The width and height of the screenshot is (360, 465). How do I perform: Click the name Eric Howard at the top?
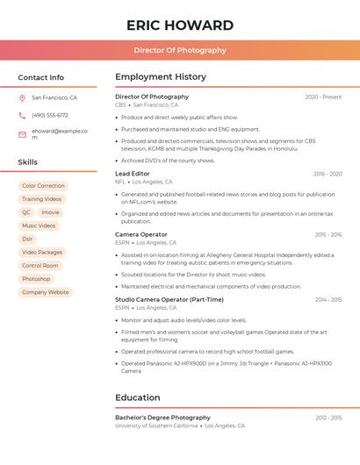(180, 25)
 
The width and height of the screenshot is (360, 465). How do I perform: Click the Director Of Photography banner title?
(180, 50)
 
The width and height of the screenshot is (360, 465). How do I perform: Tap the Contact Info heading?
(40, 77)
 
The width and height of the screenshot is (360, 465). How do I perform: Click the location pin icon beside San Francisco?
(22, 98)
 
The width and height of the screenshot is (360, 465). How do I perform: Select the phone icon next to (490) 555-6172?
(22, 115)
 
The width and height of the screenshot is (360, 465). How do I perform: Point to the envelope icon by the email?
(22, 134)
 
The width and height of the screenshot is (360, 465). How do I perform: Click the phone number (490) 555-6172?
(50, 115)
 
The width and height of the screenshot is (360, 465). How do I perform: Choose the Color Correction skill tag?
(43, 186)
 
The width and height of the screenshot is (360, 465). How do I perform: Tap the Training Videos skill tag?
(41, 199)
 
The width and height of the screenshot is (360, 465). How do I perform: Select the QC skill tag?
(26, 212)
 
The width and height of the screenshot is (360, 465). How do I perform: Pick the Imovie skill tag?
(50, 212)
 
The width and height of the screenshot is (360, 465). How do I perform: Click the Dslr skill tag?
(27, 239)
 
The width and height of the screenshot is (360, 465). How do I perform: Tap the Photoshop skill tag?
(36, 279)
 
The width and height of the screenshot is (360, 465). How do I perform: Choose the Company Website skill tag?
(45, 292)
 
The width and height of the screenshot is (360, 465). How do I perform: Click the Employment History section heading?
(161, 77)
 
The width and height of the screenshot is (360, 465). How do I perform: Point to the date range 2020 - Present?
(323, 97)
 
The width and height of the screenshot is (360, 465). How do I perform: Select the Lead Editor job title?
(133, 174)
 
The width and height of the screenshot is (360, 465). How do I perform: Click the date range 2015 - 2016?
(328, 235)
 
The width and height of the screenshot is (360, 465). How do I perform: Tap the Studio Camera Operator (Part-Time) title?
(169, 300)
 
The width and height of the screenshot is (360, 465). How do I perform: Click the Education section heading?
(137, 397)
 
